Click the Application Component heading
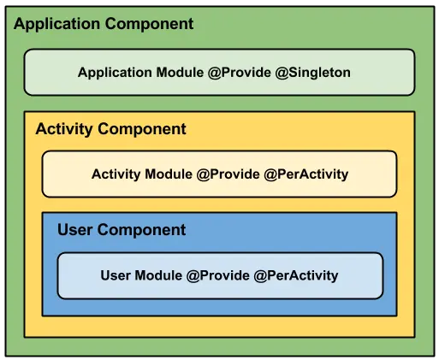tap(104, 24)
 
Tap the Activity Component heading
tap(111, 129)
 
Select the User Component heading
tap(122, 230)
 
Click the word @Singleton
tap(313, 73)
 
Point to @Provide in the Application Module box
tap(240, 73)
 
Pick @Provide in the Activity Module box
tap(228, 174)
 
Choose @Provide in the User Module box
tap(218, 275)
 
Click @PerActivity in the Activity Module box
tap(306, 174)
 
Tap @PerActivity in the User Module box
tap(296, 276)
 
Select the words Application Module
tap(141, 73)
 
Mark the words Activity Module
tap(142, 174)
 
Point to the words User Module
tap(141, 275)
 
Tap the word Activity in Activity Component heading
tap(64, 129)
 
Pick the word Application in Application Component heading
tap(56, 25)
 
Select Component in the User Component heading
tap(141, 230)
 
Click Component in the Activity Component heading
tap(142, 130)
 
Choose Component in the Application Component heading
tap(150, 25)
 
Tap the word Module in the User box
tap(158, 275)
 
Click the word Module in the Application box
tap(180, 73)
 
